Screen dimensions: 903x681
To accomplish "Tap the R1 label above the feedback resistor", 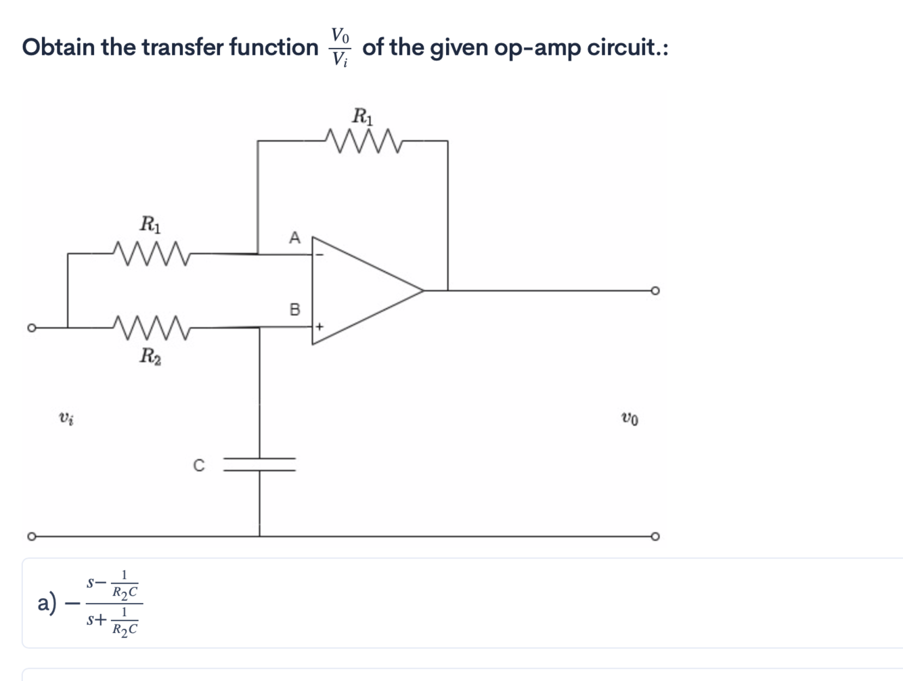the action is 363,116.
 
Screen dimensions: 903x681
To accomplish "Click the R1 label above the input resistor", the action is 150,223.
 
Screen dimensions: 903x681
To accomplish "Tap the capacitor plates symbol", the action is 260,464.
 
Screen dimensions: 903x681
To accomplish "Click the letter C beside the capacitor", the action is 198,466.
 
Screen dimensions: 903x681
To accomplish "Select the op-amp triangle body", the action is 359,290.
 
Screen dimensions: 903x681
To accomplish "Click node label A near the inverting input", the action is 294,238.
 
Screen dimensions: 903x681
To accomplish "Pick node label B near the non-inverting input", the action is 294,310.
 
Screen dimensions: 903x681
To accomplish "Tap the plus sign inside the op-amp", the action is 320,327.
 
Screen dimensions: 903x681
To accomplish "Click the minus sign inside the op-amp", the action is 320,255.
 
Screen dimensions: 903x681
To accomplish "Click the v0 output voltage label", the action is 629,419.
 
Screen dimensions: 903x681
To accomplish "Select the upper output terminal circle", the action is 655,290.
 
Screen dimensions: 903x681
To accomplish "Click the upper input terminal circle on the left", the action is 30,328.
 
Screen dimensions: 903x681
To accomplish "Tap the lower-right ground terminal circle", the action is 655,536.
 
